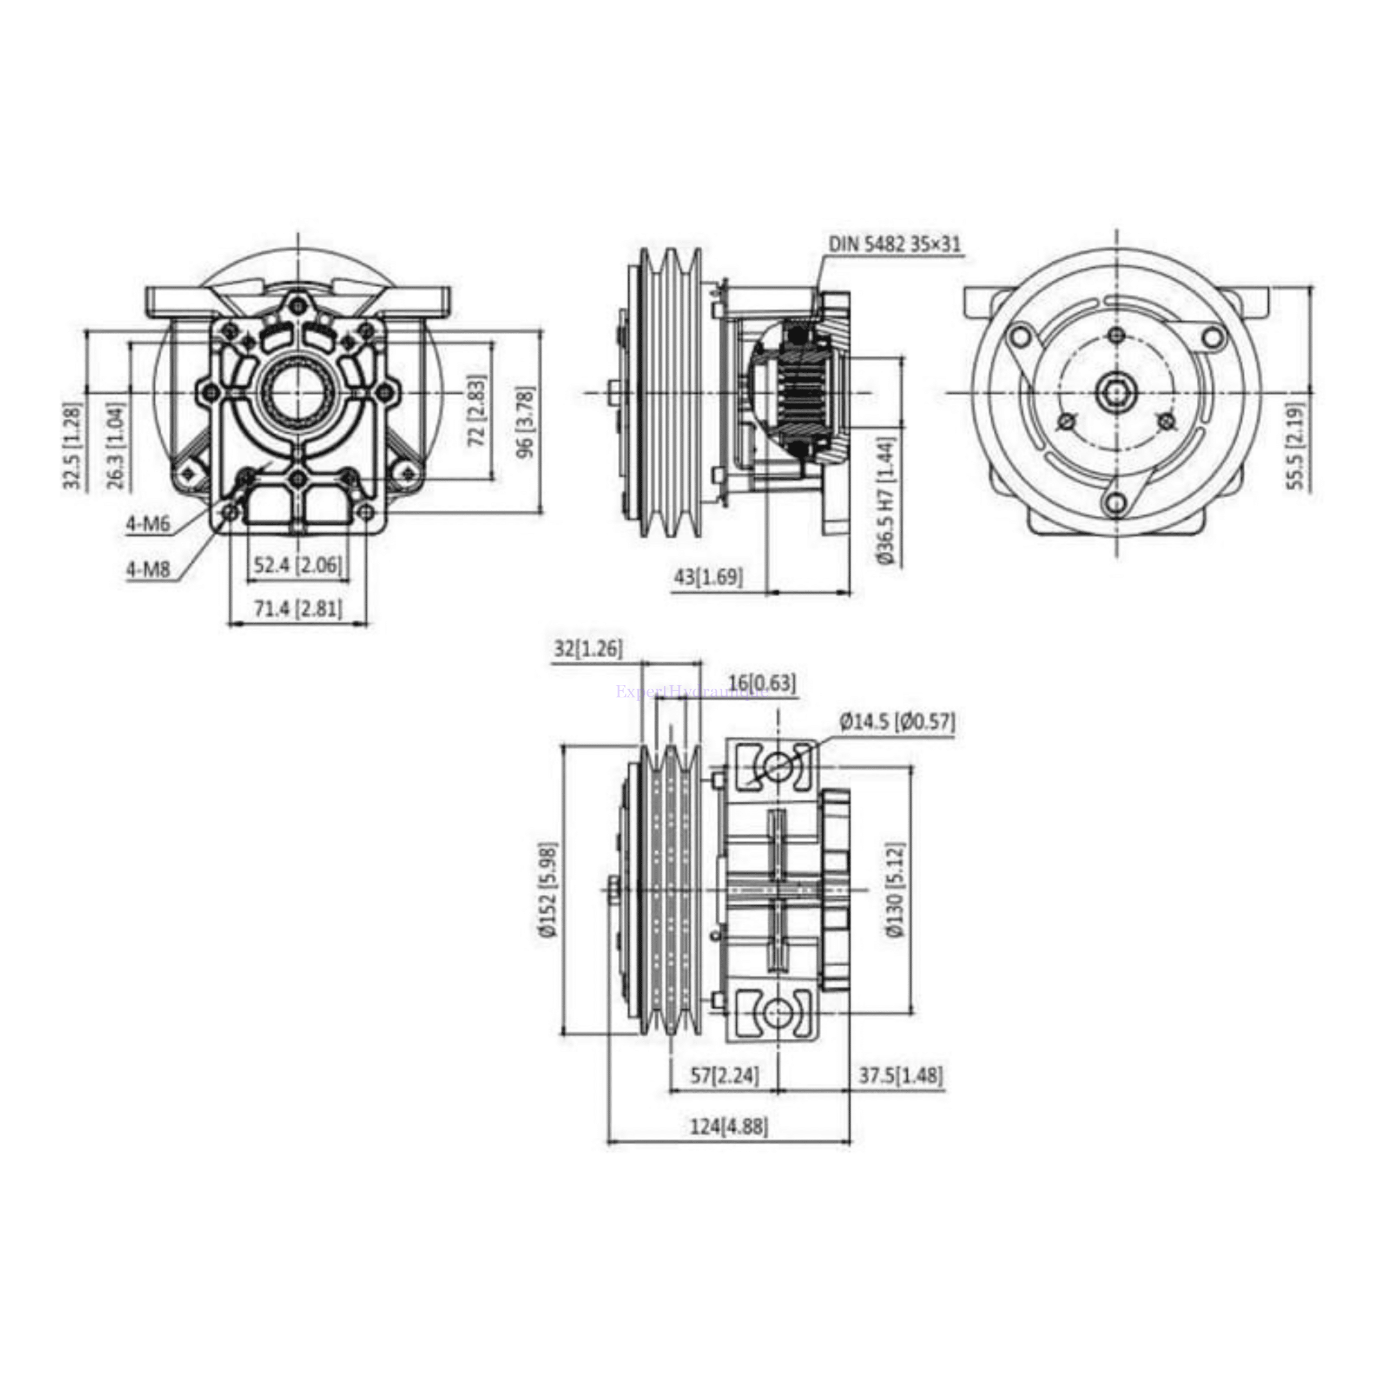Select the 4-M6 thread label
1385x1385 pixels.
coord(148,524)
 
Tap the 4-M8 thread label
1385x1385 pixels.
coord(148,569)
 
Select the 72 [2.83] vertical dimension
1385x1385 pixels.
coord(477,411)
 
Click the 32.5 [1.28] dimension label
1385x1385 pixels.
coord(74,445)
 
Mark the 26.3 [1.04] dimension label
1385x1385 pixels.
coord(116,445)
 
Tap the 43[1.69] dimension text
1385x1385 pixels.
coord(708,576)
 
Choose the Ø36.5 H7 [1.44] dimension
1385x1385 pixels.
coord(886,502)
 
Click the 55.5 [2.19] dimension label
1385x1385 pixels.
coord(1296,445)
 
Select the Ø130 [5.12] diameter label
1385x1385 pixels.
coord(895,889)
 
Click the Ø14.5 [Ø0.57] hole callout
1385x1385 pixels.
coord(898,722)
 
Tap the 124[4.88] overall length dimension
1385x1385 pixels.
coord(728,1147)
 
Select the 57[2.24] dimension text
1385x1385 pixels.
coord(724,1096)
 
